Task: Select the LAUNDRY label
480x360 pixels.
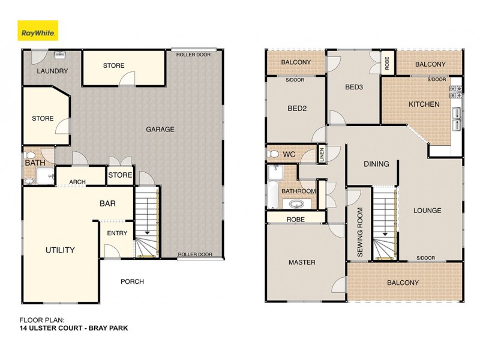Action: tap(52, 71)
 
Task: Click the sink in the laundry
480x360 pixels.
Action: tap(59, 56)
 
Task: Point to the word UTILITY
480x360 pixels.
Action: tap(60, 250)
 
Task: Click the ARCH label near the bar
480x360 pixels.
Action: tap(77, 182)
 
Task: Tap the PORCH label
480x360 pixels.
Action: tap(132, 281)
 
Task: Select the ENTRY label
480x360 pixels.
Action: tap(116, 233)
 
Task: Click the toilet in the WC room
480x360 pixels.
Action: tap(274, 155)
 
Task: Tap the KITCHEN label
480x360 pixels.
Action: tap(424, 104)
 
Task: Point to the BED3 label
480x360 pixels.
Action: tap(355, 87)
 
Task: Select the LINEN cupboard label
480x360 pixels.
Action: tap(322, 154)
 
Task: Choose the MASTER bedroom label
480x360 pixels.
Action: tap(301, 262)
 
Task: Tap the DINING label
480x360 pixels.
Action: tap(376, 164)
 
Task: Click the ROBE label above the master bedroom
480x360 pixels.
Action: tap(296, 220)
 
